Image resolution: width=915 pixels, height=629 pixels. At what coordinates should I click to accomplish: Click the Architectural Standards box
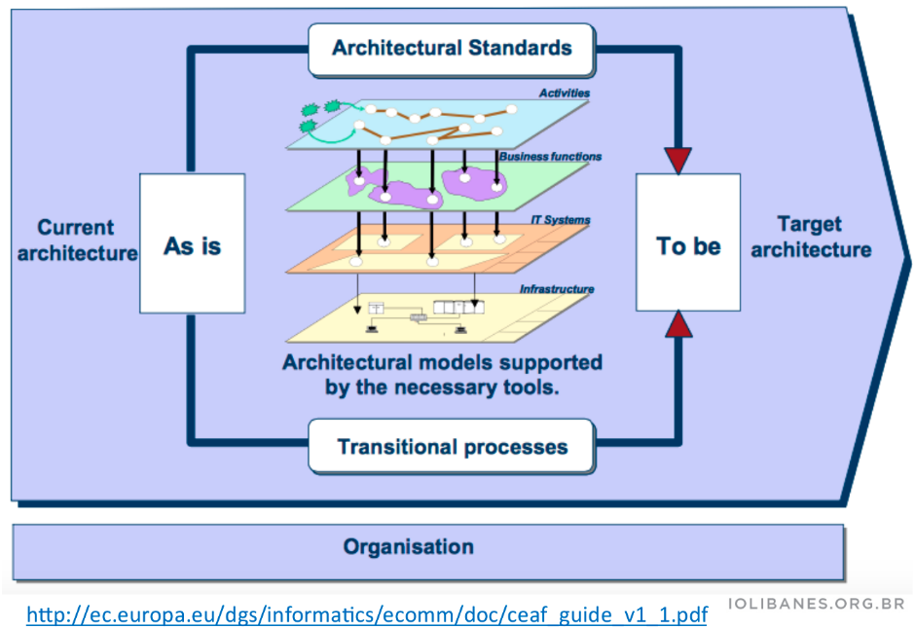pyautogui.click(x=452, y=48)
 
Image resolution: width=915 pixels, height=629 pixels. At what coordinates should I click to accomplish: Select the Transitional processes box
pyautogui.click(x=452, y=448)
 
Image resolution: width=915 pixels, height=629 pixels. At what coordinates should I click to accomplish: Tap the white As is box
pyautogui.click(x=192, y=245)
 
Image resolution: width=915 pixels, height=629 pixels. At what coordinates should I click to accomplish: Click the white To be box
pyautogui.click(x=688, y=245)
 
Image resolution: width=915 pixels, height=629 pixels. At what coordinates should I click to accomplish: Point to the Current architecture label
pyautogui.click(x=76, y=240)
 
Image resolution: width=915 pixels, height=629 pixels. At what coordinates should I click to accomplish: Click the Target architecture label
pyautogui.click(x=810, y=238)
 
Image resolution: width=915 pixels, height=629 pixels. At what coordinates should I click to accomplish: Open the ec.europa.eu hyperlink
pyautogui.click(x=366, y=614)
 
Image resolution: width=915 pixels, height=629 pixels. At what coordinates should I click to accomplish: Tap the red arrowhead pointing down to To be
pyautogui.click(x=678, y=159)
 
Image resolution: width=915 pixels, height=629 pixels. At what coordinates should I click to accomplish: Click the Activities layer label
pyautogui.click(x=565, y=94)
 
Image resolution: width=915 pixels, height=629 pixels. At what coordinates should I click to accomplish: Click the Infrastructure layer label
pyautogui.click(x=556, y=289)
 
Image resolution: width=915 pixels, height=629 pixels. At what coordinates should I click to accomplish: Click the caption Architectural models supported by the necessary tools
pyautogui.click(x=443, y=374)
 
